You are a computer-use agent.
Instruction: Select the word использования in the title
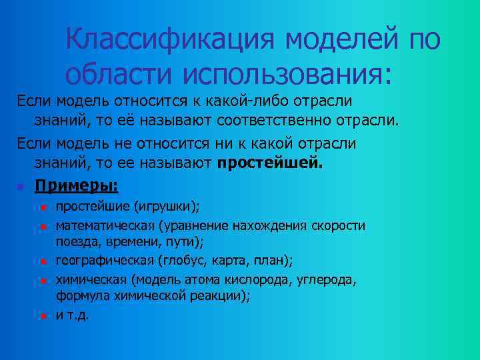[x=279, y=73]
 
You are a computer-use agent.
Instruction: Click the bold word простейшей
[x=269, y=163]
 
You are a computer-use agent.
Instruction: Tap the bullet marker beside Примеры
[x=21, y=185]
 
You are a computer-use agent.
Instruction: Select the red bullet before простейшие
[x=41, y=208]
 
